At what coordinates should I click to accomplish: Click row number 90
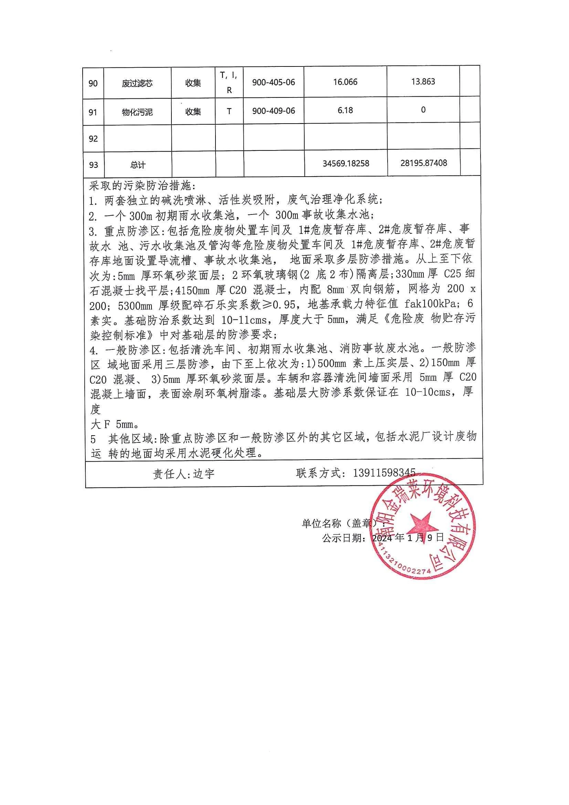click(93, 83)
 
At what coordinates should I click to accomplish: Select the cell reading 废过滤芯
click(137, 83)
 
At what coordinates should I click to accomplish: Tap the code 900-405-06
click(273, 82)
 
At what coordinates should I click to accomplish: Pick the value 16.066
click(345, 82)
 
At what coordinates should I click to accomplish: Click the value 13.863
click(423, 82)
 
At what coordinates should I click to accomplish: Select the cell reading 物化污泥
click(137, 112)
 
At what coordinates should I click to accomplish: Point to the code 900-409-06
click(273, 111)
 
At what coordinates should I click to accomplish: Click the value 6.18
click(345, 111)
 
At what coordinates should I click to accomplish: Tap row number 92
click(93, 139)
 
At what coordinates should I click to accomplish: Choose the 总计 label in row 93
click(137, 165)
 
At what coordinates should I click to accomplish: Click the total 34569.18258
click(346, 164)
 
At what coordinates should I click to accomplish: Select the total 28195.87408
click(423, 163)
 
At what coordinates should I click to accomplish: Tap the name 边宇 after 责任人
click(204, 474)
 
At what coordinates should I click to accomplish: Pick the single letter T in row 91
click(229, 111)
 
